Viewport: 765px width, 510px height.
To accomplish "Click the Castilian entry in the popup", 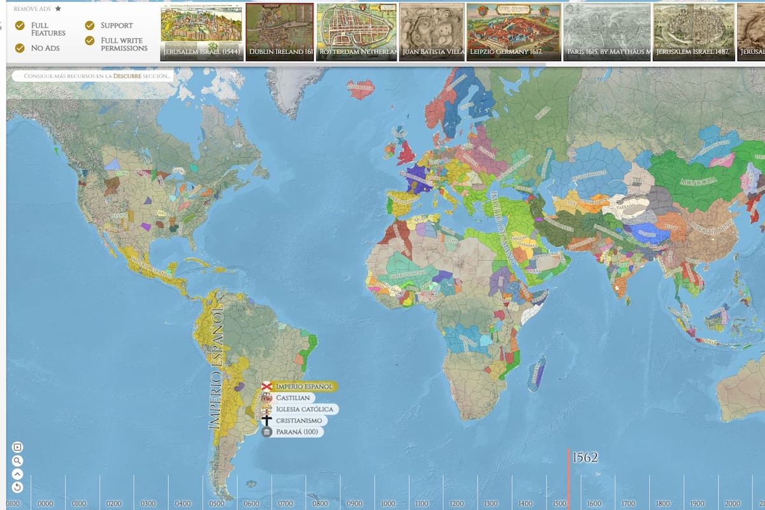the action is click(293, 398).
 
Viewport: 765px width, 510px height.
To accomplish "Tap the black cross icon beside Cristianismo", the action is click(267, 421).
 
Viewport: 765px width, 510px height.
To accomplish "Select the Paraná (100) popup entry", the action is click(296, 432).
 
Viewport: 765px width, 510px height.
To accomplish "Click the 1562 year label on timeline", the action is click(585, 457).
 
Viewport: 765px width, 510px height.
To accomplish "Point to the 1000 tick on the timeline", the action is click(388, 504).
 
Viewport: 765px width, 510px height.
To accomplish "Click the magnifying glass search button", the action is click(17, 461).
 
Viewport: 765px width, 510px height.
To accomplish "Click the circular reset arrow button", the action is click(17, 487).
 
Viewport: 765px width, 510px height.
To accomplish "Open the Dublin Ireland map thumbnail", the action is click(280, 32).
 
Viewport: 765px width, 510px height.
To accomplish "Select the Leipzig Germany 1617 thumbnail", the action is click(514, 32).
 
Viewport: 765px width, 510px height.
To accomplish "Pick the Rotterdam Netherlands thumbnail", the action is click(357, 32).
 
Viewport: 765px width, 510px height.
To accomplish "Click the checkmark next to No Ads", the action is click(20, 48).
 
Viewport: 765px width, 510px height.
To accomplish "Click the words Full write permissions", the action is click(124, 44).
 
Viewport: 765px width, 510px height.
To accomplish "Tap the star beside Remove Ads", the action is click(58, 9).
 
